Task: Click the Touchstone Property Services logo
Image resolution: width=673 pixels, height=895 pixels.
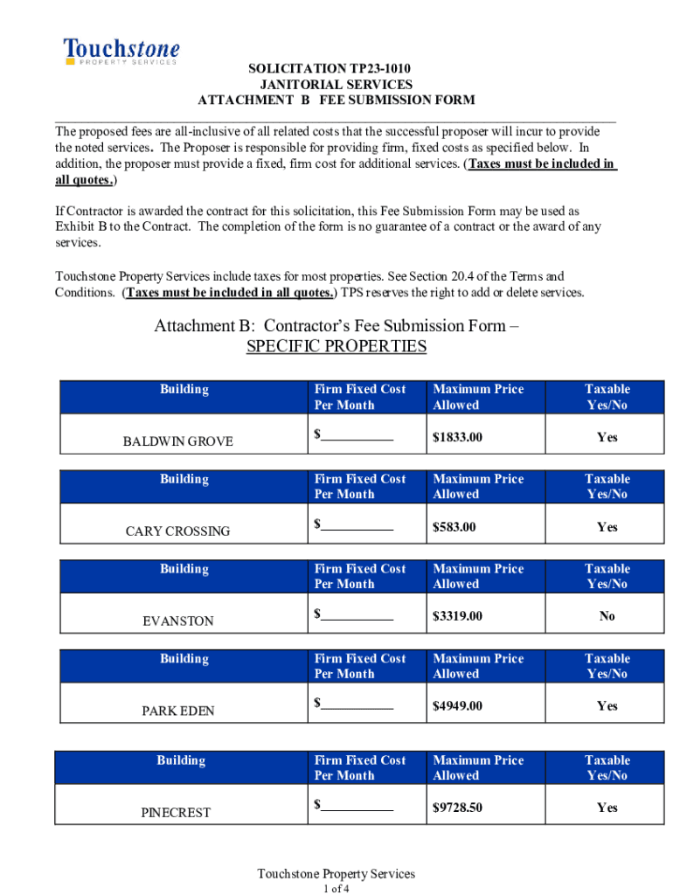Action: coord(121,52)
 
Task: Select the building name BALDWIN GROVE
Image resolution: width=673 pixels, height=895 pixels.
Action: coord(177,441)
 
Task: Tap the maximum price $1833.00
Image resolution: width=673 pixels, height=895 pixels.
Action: coord(457,437)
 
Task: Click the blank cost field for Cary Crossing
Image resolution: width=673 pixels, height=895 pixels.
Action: coord(357,525)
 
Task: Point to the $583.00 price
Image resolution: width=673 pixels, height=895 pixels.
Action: coord(454,527)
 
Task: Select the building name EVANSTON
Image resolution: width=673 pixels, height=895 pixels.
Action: coord(177,621)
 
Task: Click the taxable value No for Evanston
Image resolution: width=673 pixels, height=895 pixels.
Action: coord(607,616)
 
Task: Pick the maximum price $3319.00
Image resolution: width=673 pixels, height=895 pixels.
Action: coord(457,616)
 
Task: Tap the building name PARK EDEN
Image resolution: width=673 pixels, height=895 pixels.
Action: coord(177,711)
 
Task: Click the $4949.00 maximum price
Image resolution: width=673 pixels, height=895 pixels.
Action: coord(457,706)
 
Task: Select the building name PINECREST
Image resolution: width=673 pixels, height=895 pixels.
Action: coord(176,813)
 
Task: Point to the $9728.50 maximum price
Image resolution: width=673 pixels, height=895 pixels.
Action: coord(457,808)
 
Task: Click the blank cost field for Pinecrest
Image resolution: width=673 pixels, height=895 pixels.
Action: coord(357,807)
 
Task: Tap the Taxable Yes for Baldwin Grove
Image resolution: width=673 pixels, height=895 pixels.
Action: coord(607,437)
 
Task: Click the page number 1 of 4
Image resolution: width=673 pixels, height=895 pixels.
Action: coord(336,889)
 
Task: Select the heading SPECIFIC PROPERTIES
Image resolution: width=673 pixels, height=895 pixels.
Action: coord(336,347)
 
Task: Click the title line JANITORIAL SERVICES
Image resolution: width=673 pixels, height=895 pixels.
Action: coord(336,85)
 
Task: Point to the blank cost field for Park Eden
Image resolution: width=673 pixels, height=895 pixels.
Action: coord(357,704)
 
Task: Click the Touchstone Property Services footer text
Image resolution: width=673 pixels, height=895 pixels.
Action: coord(336,874)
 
